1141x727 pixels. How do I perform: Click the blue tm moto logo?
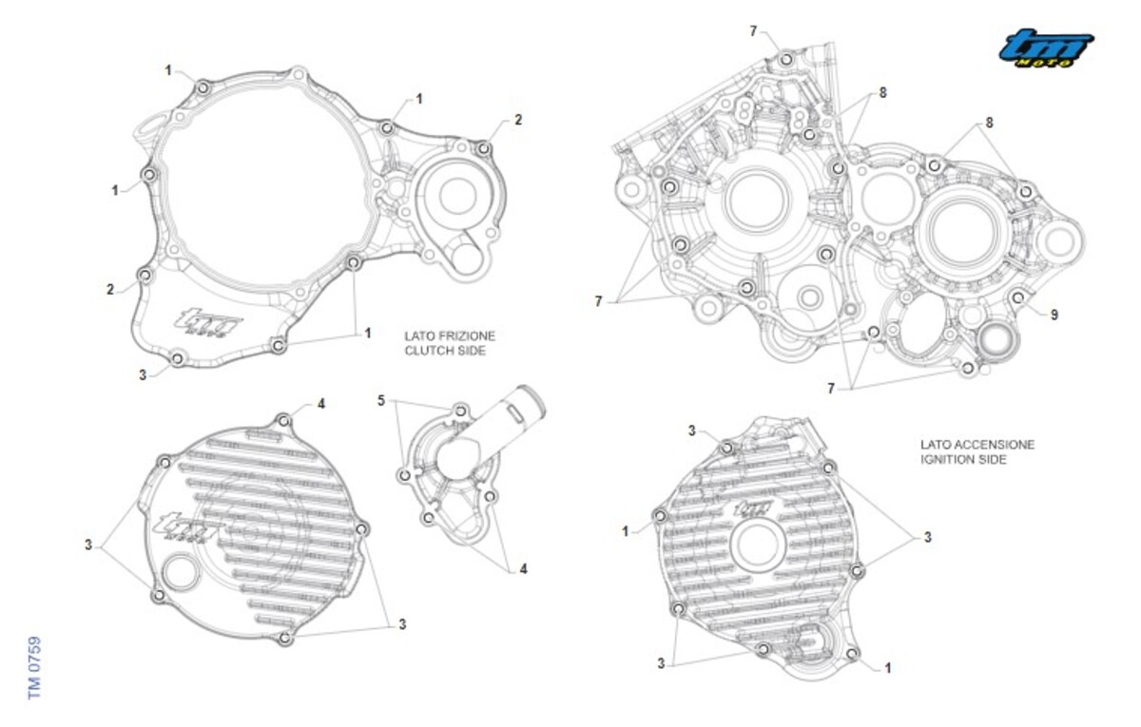coord(1046,48)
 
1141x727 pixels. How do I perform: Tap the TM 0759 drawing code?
coord(34,667)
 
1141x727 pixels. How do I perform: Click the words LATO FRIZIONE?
coord(450,336)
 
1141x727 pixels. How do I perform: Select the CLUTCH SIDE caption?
coord(445,351)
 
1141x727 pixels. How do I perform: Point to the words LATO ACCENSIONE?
coord(977,445)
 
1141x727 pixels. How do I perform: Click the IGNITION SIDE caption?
coord(963,459)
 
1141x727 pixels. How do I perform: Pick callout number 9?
coord(1054,316)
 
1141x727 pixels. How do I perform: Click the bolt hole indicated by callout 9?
coord(1017,297)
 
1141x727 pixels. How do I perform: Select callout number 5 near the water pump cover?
coord(381,401)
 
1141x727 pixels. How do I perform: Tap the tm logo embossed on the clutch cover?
coord(208,322)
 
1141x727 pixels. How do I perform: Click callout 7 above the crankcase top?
coord(753,31)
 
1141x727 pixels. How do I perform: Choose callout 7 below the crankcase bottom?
coord(831,389)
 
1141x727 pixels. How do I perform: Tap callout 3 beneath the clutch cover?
coord(143,375)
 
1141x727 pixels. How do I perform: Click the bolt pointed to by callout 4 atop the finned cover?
coord(283,421)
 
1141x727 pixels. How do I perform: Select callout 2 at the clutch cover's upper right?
coord(518,120)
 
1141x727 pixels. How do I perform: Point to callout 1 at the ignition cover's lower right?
coord(888,668)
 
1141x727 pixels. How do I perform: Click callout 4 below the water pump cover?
coord(523,569)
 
